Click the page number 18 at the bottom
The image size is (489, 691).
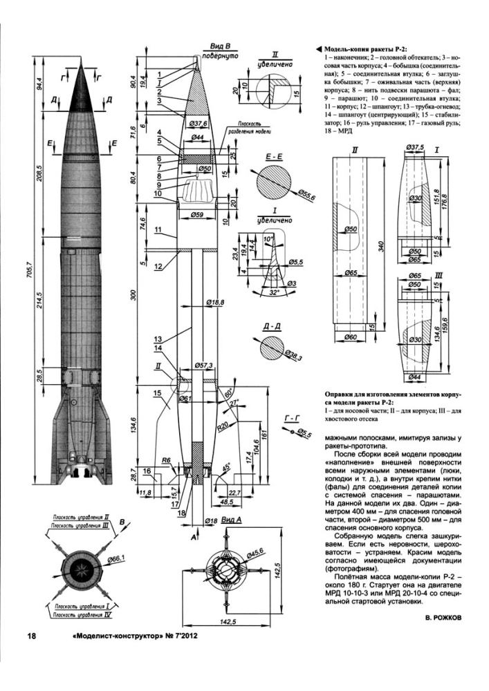click(32, 636)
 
